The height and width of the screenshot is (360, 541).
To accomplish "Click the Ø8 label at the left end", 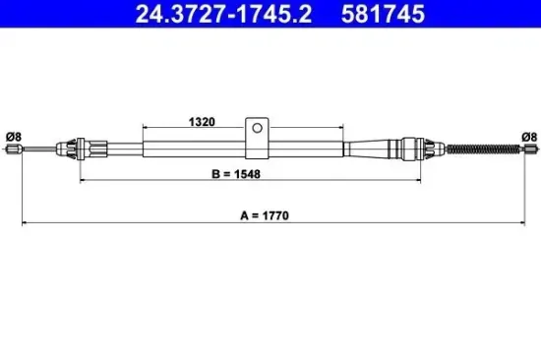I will pyautogui.click(x=13, y=137).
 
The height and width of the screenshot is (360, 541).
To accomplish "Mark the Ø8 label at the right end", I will pyautogui.click(x=527, y=137).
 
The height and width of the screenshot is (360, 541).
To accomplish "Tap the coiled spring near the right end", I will pyautogui.click(x=490, y=149).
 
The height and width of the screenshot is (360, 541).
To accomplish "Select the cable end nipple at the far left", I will pyautogui.click(x=14, y=150).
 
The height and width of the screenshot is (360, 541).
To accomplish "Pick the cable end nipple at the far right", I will pyautogui.click(x=529, y=149).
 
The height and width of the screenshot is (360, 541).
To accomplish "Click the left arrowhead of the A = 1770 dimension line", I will pyautogui.click(x=25, y=224).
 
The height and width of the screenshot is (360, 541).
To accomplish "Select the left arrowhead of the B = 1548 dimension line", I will pyautogui.click(x=82, y=182).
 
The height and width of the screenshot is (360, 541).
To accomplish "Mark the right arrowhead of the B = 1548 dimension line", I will pyautogui.click(x=420, y=182).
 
